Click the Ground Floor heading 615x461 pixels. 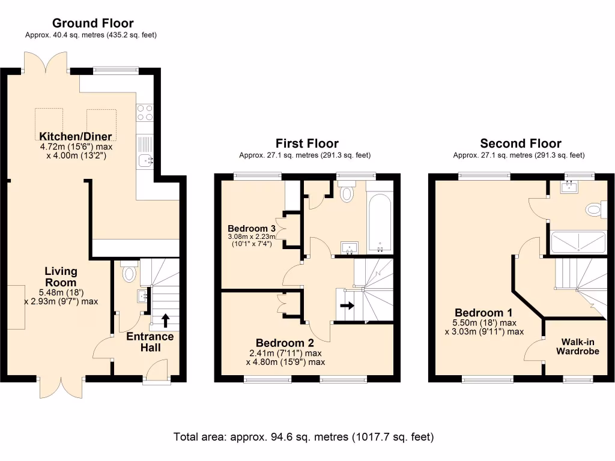[x=92, y=23]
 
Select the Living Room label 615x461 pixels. [x=61, y=277]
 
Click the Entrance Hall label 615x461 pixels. [x=150, y=342]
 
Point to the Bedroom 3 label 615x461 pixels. [x=252, y=229]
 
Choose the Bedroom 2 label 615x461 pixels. [x=285, y=343]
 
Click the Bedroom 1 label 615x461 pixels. [x=483, y=313]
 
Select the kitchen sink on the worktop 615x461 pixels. [x=145, y=160]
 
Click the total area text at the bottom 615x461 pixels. [x=303, y=436]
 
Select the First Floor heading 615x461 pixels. [x=306, y=143]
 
